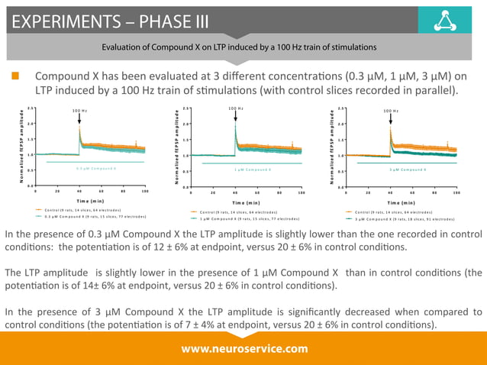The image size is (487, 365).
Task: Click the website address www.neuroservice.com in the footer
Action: coord(243,348)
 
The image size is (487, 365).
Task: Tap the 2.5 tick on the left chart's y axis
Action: coord(29,108)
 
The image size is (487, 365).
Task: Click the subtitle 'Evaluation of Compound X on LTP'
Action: coord(239,47)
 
